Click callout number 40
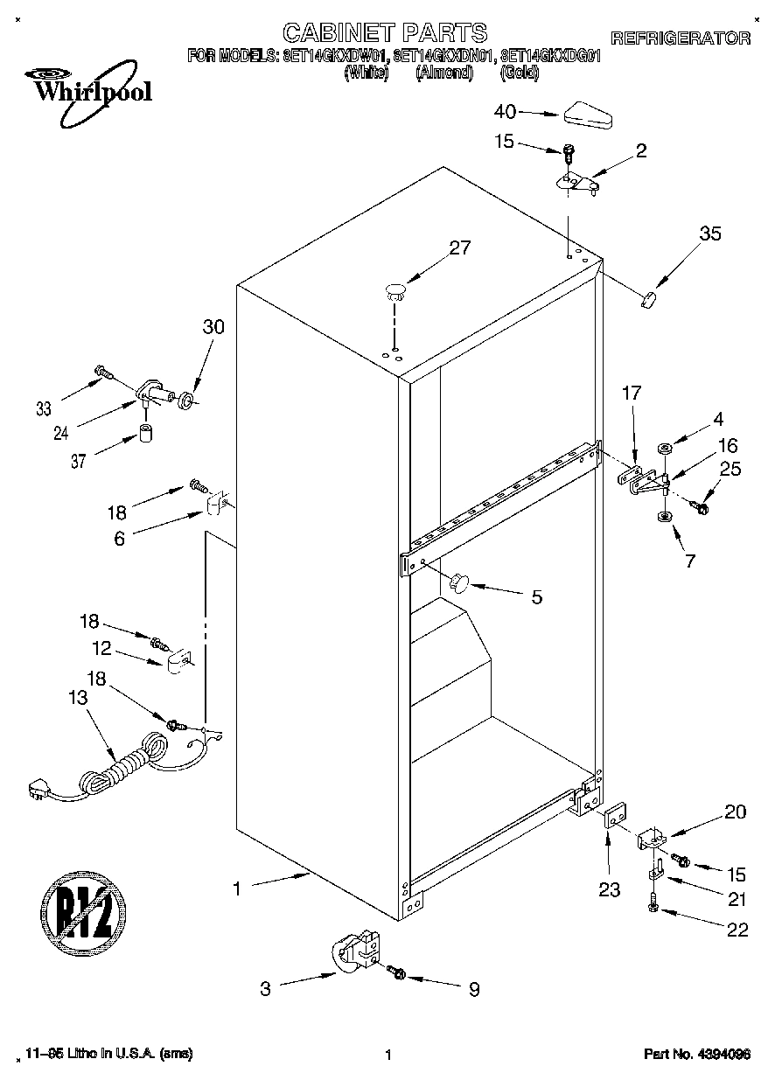pyautogui.click(x=506, y=112)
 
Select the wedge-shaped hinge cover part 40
pyautogui.click(x=588, y=115)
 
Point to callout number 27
pyautogui.click(x=459, y=247)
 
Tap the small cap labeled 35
pyautogui.click(x=648, y=300)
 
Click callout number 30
pyautogui.click(x=213, y=327)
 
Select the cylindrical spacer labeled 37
pyautogui.click(x=145, y=435)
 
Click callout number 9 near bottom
pyautogui.click(x=473, y=989)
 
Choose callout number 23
pyautogui.click(x=609, y=890)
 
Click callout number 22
pyautogui.click(x=737, y=930)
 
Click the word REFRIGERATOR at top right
pyautogui.click(x=680, y=38)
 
